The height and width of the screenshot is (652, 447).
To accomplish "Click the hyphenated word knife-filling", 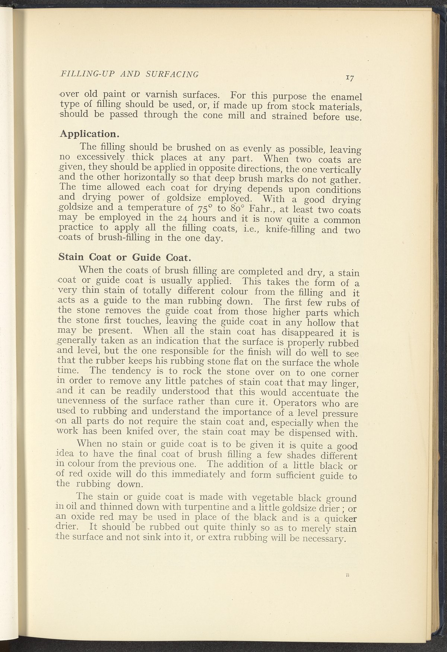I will (x=285, y=229).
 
